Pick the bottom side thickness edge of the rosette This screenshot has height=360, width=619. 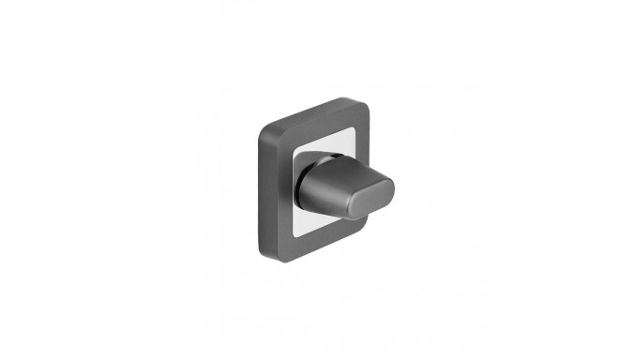click(309, 251)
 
